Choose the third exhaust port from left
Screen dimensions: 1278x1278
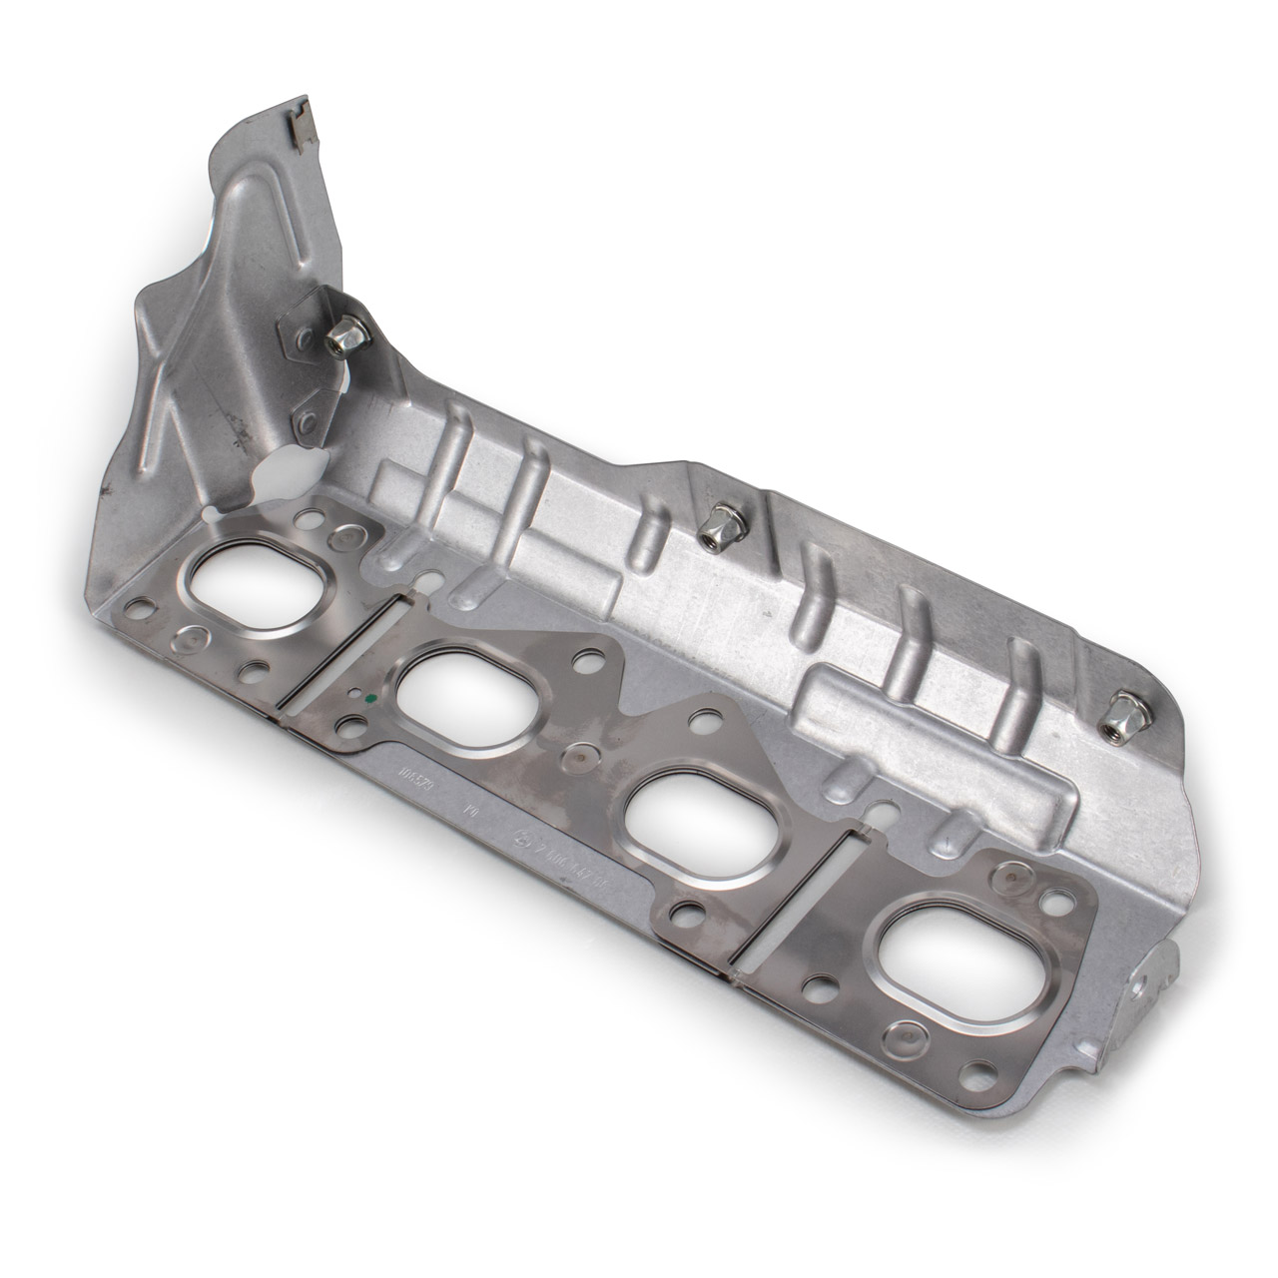690,804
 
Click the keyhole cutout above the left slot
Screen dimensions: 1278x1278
427,579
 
